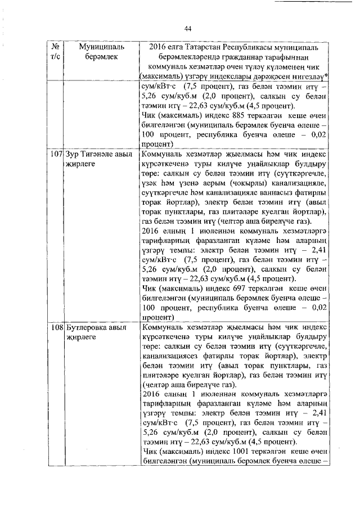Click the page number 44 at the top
click(x=188, y=29)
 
